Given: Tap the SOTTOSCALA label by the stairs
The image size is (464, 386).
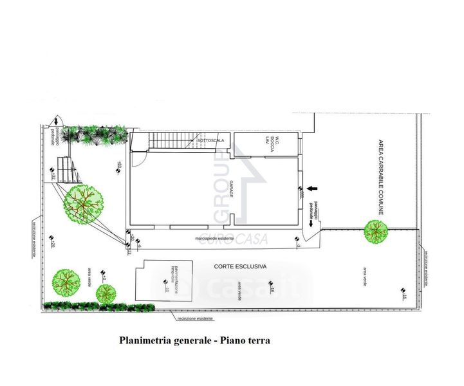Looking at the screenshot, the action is click(x=210, y=140).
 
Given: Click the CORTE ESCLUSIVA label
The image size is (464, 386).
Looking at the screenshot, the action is click(x=240, y=266).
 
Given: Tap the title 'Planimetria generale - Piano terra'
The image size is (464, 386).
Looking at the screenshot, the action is click(x=194, y=340).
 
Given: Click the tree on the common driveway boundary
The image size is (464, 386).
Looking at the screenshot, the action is click(x=375, y=232).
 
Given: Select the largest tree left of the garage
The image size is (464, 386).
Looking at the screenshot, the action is click(x=83, y=203).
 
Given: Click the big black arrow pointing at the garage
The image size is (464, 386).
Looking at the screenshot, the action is click(x=313, y=188).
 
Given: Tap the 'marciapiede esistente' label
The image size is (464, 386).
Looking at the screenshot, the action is click(x=215, y=239).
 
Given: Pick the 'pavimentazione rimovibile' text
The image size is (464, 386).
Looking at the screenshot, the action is click(x=169, y=277).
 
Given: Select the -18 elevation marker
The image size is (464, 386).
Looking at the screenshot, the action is click(x=272, y=291).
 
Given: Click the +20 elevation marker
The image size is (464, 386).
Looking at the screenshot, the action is click(x=52, y=245).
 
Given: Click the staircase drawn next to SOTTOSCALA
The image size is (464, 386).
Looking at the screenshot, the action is click(x=171, y=140).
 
